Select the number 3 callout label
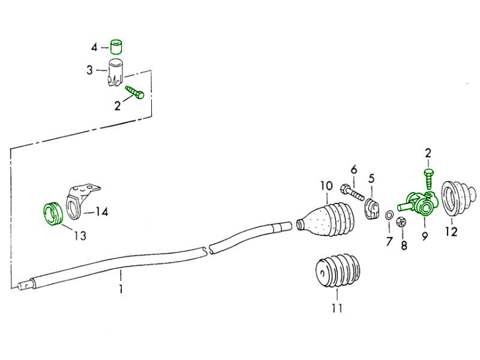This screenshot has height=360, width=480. click(89, 70)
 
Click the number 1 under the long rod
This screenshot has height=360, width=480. click(121, 290)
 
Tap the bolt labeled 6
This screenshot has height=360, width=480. click(352, 193)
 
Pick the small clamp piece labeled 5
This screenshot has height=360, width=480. click(373, 208)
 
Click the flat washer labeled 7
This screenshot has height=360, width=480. click(389, 215)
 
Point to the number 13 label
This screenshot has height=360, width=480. click(79, 236)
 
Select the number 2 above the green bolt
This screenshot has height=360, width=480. click(428, 153)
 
